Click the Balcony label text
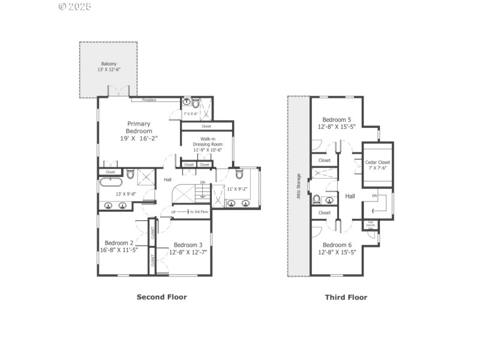click(x=109, y=64)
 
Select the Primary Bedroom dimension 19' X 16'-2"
click(x=139, y=138)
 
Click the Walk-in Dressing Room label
click(x=207, y=144)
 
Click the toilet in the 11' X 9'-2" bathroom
click(x=239, y=175)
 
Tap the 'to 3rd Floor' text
click(x=199, y=212)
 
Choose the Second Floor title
click(x=161, y=297)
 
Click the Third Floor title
click(x=346, y=297)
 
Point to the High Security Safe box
click(x=371, y=225)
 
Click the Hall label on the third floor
click(x=350, y=196)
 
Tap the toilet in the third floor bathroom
click(x=317, y=199)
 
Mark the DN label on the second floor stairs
click(x=202, y=182)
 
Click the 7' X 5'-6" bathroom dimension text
click(x=190, y=113)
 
